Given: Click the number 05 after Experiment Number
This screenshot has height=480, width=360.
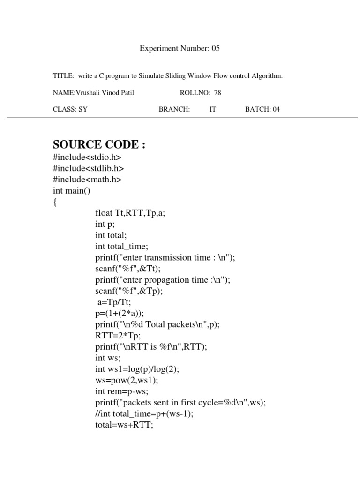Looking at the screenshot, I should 215,48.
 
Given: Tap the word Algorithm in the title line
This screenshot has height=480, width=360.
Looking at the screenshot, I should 268,75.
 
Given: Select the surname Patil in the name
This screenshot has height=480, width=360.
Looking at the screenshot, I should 127,92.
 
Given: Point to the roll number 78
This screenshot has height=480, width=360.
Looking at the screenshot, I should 217,92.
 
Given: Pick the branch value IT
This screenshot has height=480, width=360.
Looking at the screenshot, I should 213,109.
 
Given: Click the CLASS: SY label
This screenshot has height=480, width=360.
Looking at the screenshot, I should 70,109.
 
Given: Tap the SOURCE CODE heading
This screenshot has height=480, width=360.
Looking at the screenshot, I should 99,144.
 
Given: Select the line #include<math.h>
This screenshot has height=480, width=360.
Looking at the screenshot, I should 87,180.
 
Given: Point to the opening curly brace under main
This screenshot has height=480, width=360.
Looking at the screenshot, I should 55,202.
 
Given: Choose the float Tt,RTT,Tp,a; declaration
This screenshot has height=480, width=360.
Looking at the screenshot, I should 130,213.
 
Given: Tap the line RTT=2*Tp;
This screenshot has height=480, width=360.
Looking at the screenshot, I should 115,336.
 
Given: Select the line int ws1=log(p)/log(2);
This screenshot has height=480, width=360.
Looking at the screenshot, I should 137,369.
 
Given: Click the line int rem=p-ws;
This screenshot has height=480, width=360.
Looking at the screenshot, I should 122,392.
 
